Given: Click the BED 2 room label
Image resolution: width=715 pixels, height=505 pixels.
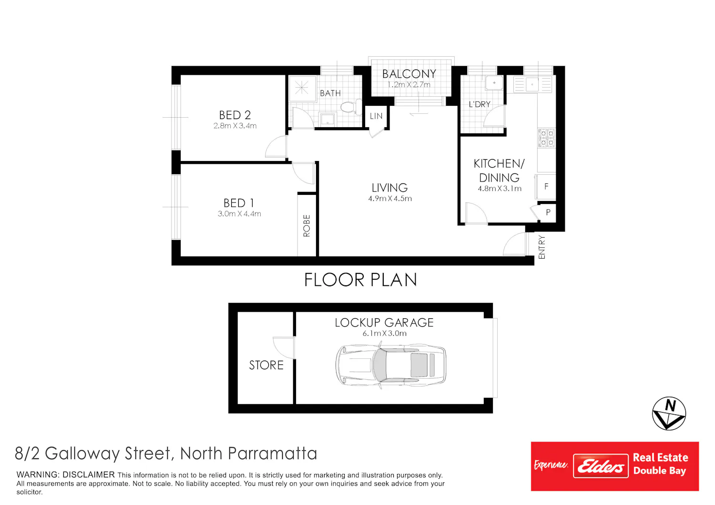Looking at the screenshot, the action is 235,115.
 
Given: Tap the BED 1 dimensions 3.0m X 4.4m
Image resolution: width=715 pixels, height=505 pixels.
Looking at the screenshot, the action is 239,214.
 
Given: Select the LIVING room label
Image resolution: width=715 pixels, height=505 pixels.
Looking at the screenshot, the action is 389,188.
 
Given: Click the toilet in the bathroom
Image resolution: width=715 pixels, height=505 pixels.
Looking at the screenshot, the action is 351,107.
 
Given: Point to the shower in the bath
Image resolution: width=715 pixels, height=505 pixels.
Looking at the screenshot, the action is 302,88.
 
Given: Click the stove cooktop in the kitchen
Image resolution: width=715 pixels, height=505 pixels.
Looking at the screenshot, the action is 546,138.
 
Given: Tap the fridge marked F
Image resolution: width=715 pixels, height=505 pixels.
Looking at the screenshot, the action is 546,187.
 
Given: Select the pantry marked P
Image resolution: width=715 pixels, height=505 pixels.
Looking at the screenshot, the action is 548,212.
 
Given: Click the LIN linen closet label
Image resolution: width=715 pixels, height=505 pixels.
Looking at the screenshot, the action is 376,116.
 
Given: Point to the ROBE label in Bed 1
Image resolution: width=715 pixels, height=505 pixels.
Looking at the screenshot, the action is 306,225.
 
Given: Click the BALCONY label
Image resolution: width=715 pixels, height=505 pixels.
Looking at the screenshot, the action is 409,74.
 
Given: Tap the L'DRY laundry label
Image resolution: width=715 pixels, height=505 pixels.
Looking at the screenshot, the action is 480,104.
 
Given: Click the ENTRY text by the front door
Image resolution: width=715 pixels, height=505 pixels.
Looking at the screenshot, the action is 541,247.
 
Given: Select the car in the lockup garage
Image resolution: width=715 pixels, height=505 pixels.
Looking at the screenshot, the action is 391,365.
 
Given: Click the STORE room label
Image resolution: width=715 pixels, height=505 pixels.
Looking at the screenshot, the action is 266,365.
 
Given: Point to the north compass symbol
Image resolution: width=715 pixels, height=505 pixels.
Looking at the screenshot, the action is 669,414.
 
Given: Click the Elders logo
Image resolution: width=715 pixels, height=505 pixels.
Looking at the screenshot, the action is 601,466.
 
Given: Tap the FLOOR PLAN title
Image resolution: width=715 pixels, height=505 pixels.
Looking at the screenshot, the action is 360,280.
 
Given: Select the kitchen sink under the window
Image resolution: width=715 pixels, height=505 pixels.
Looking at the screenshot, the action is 532,84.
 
